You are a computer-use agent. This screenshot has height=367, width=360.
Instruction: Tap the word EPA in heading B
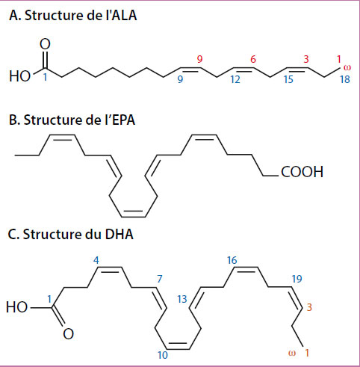click(123, 120)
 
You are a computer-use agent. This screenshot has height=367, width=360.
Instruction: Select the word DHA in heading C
click(119, 234)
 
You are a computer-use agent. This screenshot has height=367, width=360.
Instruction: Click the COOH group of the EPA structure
click(302, 172)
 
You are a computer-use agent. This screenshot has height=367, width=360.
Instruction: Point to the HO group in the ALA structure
click(19, 76)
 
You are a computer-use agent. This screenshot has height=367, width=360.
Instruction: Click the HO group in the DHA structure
click(16, 306)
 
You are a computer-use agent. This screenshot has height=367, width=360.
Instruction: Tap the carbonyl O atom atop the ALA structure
click(45, 44)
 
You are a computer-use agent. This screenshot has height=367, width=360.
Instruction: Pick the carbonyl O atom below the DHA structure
click(68, 334)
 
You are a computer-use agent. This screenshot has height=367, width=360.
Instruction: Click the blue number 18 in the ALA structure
click(345, 79)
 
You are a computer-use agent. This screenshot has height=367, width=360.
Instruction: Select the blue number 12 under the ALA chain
click(235, 79)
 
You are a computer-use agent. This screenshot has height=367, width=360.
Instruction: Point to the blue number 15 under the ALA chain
click(288, 79)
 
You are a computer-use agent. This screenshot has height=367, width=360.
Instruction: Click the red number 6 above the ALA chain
click(253, 59)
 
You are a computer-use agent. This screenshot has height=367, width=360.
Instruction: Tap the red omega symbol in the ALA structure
click(347, 67)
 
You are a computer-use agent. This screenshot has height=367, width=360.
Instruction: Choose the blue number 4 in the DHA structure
click(96, 260)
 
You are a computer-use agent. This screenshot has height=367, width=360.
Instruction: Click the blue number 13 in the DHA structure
click(182, 299)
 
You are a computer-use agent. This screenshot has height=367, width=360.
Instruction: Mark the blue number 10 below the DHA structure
click(163, 355)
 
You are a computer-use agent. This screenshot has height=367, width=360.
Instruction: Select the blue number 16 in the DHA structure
click(232, 260)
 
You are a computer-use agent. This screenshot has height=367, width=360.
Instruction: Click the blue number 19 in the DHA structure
click(297, 279)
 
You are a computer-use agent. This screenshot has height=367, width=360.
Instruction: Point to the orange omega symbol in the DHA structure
click(292, 353)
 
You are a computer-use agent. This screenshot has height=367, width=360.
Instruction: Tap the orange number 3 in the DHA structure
click(309, 307)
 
